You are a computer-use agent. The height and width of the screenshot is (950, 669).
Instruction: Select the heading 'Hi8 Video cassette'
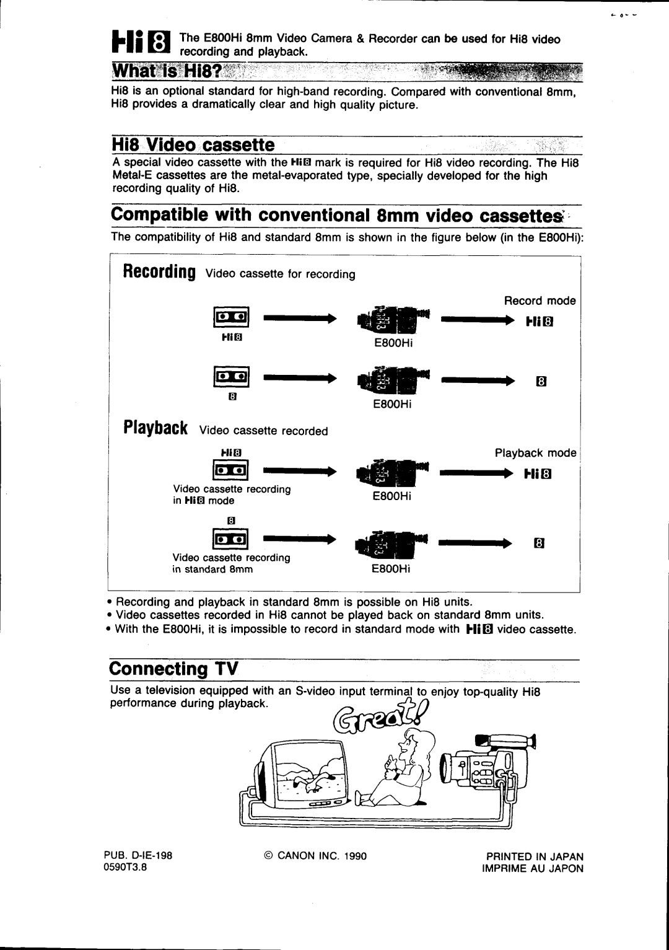click(193, 145)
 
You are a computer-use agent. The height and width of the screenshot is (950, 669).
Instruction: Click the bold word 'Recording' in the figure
click(159, 273)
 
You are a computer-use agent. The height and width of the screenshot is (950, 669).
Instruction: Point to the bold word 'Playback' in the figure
click(155, 429)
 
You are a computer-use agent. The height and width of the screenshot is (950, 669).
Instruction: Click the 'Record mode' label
click(540, 301)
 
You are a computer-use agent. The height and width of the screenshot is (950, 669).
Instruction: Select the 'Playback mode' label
click(535, 453)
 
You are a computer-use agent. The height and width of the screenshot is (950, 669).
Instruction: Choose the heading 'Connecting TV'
click(174, 669)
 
